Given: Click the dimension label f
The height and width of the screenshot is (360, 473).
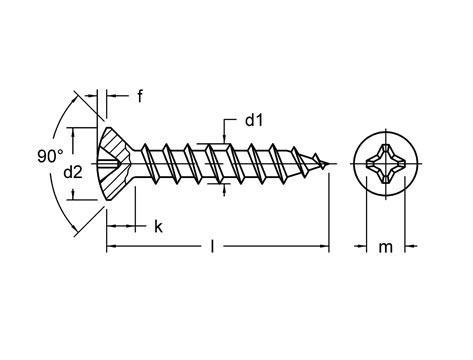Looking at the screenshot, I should (x=140, y=97).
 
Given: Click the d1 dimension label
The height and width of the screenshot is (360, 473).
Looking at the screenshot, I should (x=254, y=121).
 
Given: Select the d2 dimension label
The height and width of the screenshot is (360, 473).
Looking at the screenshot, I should (x=74, y=173).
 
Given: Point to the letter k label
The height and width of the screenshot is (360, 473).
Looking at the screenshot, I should (x=158, y=227).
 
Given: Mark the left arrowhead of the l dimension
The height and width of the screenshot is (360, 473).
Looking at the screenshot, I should (x=111, y=243).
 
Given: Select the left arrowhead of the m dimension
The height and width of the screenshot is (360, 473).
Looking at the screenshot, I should (x=362, y=244).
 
